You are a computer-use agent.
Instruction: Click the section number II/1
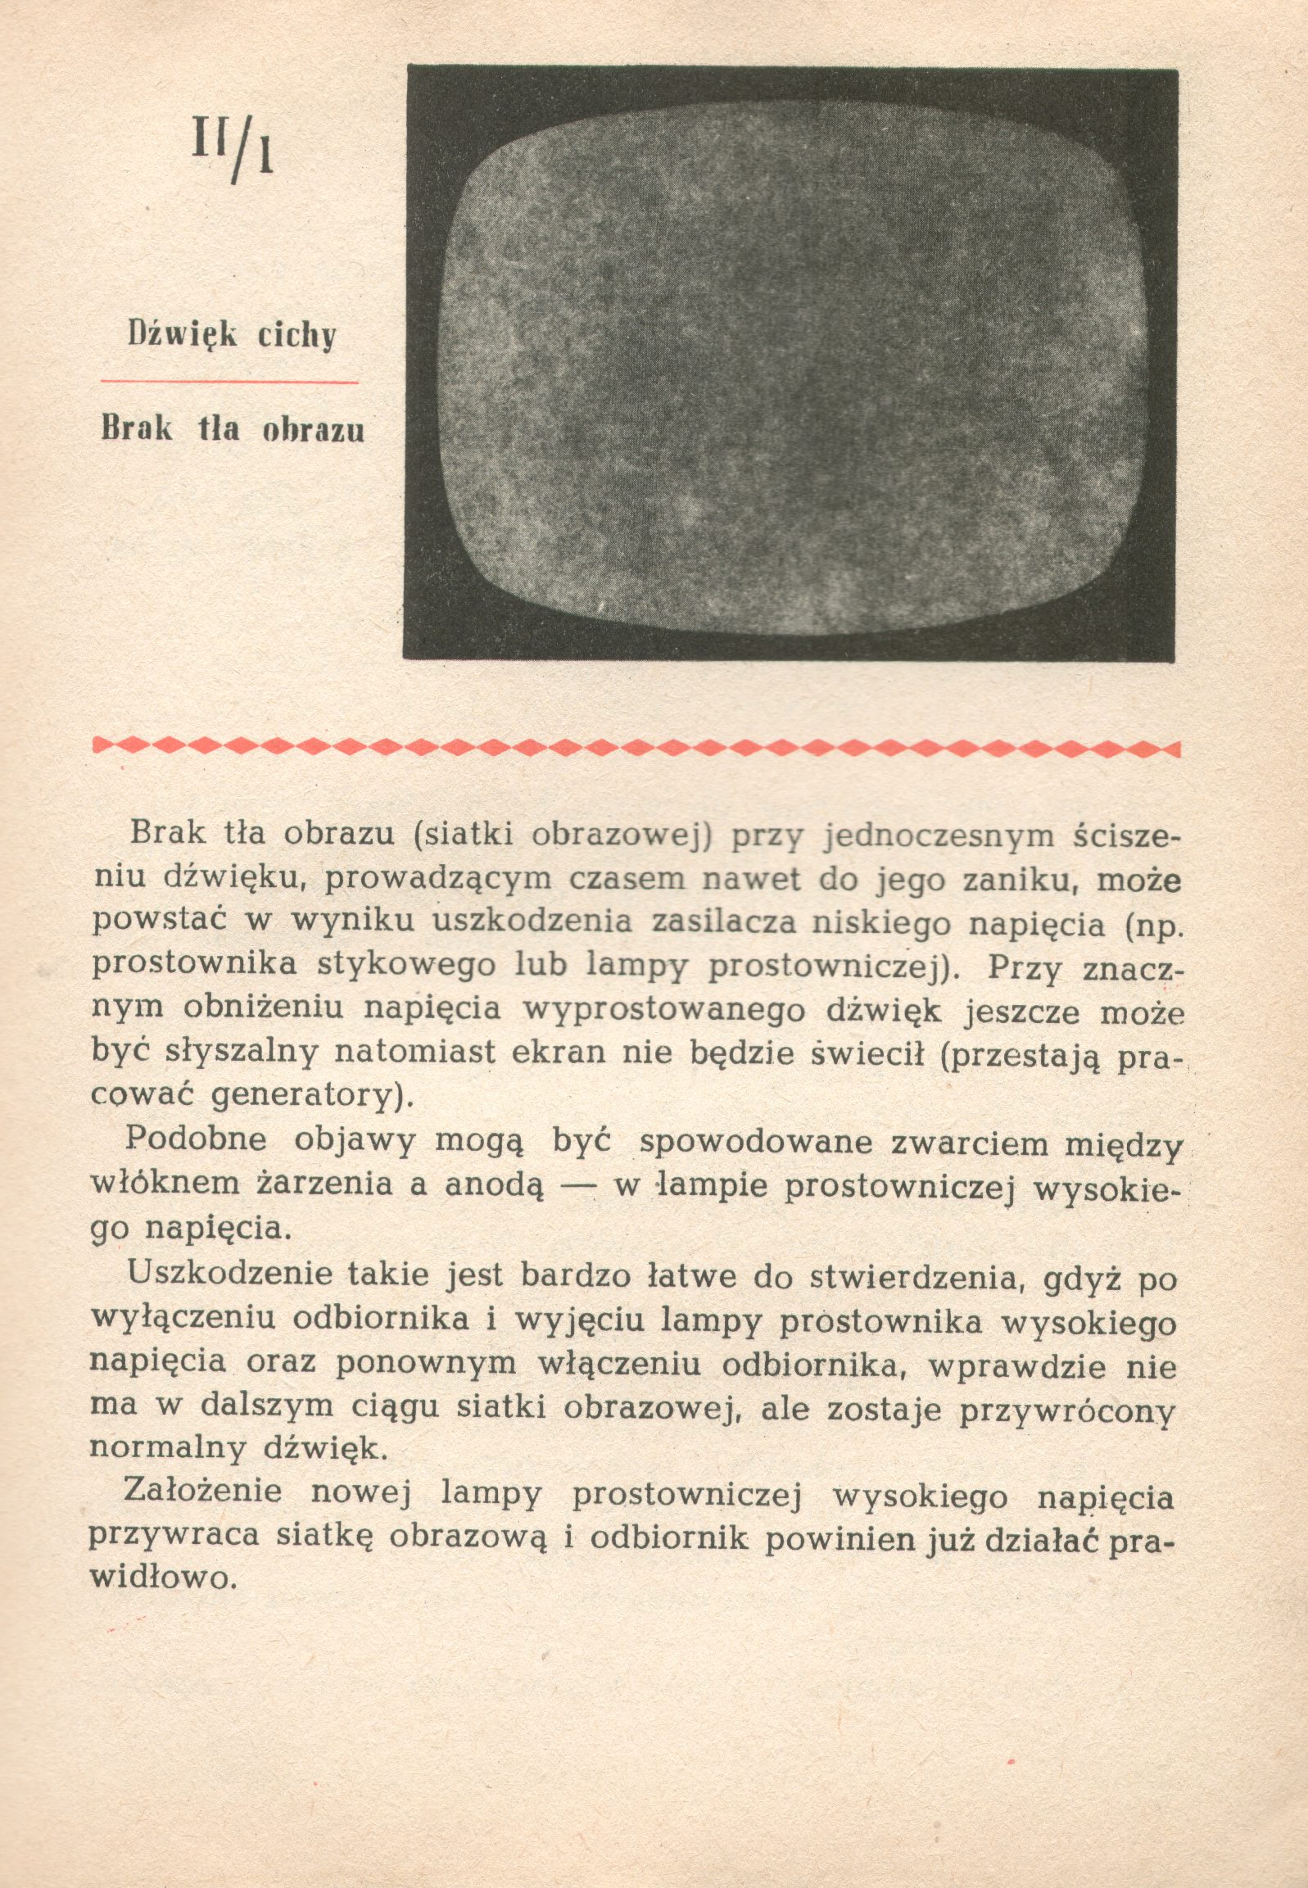[x=232, y=147]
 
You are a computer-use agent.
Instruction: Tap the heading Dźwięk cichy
[x=232, y=335]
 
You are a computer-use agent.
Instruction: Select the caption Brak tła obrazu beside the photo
[x=233, y=429]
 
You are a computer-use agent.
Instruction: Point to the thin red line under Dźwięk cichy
[x=229, y=381]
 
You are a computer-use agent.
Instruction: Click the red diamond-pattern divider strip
[x=636, y=746]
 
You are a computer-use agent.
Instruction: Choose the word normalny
[x=167, y=1447]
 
